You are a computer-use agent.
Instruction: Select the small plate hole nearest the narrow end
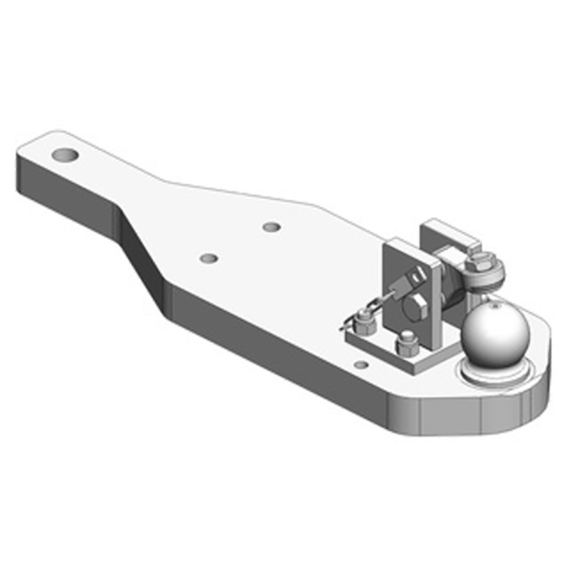click(208, 257)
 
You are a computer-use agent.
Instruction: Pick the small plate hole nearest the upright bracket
click(271, 227)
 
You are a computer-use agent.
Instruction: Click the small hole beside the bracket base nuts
click(361, 365)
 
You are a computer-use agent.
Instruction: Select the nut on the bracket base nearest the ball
click(406, 346)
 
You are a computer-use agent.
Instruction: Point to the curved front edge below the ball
click(498, 413)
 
